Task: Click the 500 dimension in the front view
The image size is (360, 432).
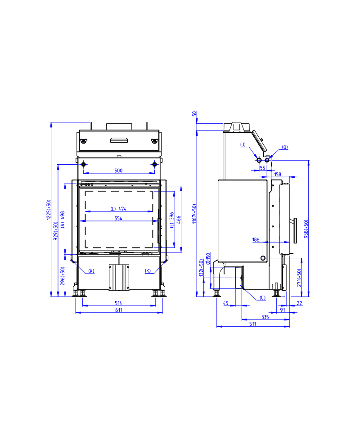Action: coord(118,171)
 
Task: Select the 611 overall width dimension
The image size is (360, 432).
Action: coord(118,310)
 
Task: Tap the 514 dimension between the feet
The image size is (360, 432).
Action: coord(118,303)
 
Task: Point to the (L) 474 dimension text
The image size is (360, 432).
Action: coord(118,209)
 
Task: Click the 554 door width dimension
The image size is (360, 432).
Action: coord(118,219)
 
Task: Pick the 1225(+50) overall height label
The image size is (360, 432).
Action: coord(49,210)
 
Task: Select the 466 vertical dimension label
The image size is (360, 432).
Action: coord(179,220)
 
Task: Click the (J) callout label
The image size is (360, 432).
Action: coord(243,144)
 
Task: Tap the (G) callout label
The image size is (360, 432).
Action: coord(285,147)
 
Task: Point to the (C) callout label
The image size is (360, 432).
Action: coord(262,298)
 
